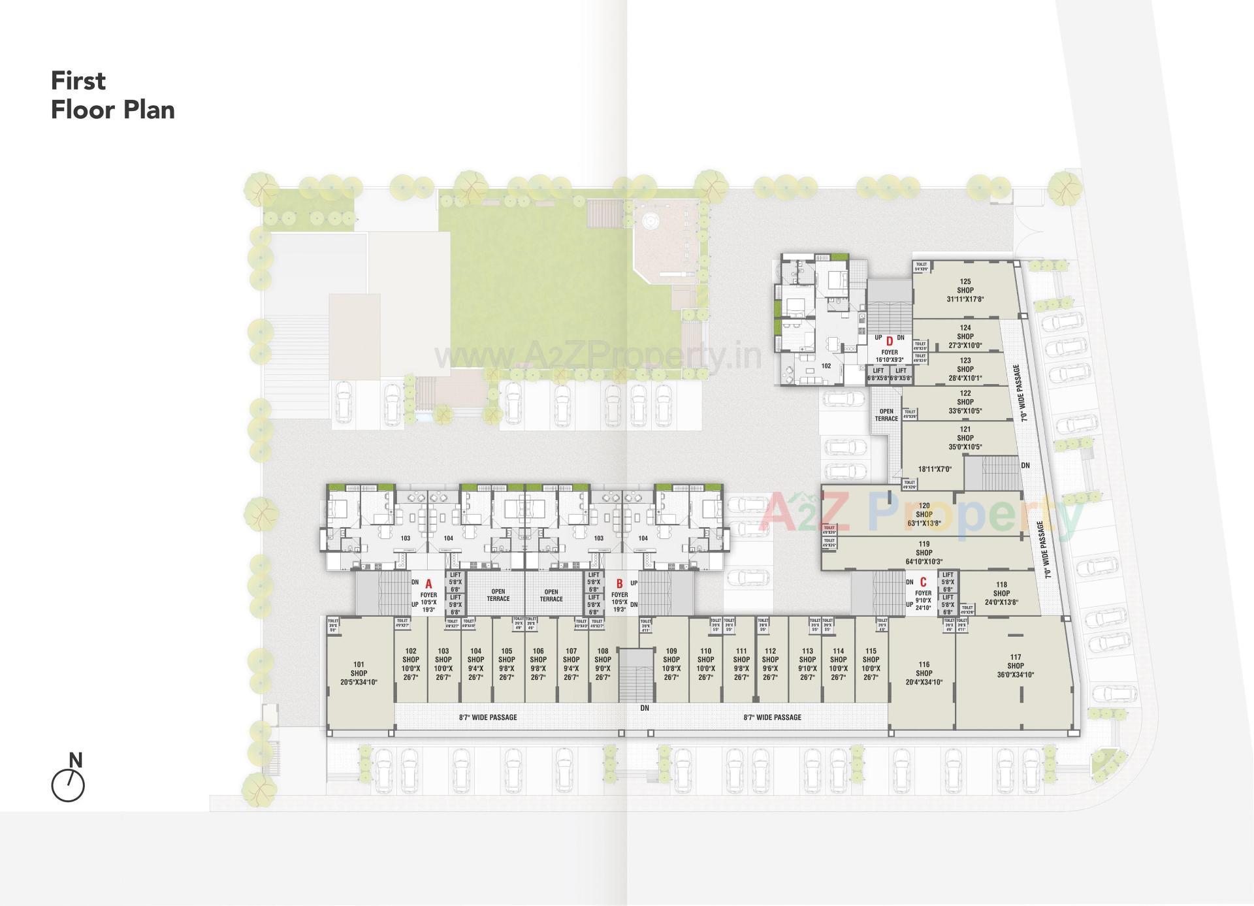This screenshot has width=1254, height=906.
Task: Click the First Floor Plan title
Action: (x=113, y=95)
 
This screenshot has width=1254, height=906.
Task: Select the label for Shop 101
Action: (x=359, y=673)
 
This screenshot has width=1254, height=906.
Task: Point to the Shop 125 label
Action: (x=965, y=291)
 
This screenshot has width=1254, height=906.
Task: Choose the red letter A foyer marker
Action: (x=429, y=583)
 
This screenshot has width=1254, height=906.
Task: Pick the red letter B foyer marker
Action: (x=620, y=583)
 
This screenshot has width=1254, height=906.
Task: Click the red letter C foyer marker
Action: (x=923, y=582)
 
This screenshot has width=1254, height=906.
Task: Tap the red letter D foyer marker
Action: (x=889, y=341)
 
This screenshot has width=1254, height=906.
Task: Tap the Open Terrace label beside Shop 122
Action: (x=886, y=415)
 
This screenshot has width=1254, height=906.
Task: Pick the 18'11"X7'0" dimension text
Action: (x=935, y=469)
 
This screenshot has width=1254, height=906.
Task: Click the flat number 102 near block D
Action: (x=826, y=366)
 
